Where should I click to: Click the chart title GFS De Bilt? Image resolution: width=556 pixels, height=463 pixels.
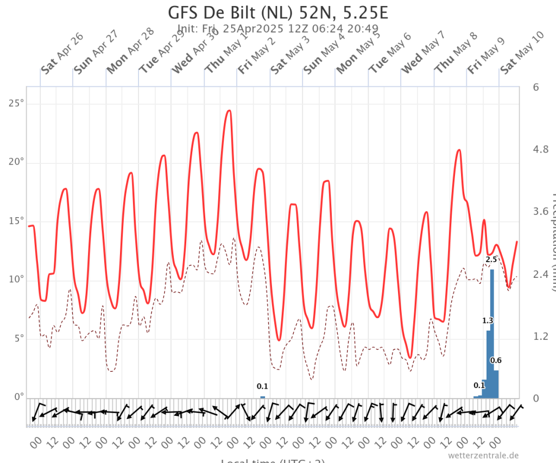[278, 12]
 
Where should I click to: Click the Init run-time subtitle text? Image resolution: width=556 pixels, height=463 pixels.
[278, 28]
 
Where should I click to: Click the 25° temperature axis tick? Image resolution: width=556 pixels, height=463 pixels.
[16, 104]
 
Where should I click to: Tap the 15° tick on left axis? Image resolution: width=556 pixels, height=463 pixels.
[16, 221]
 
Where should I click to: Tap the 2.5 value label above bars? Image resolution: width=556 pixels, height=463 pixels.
[491, 260]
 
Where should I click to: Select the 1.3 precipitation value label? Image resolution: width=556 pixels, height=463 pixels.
[488, 321]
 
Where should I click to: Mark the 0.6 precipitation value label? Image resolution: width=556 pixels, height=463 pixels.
[496, 360]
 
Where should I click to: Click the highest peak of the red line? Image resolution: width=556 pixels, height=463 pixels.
[229, 111]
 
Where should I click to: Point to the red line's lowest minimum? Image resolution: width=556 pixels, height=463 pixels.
[410, 357]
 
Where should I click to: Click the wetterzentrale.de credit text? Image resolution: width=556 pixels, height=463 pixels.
[484, 455]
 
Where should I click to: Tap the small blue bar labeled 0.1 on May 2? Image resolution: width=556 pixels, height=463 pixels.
[263, 397]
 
